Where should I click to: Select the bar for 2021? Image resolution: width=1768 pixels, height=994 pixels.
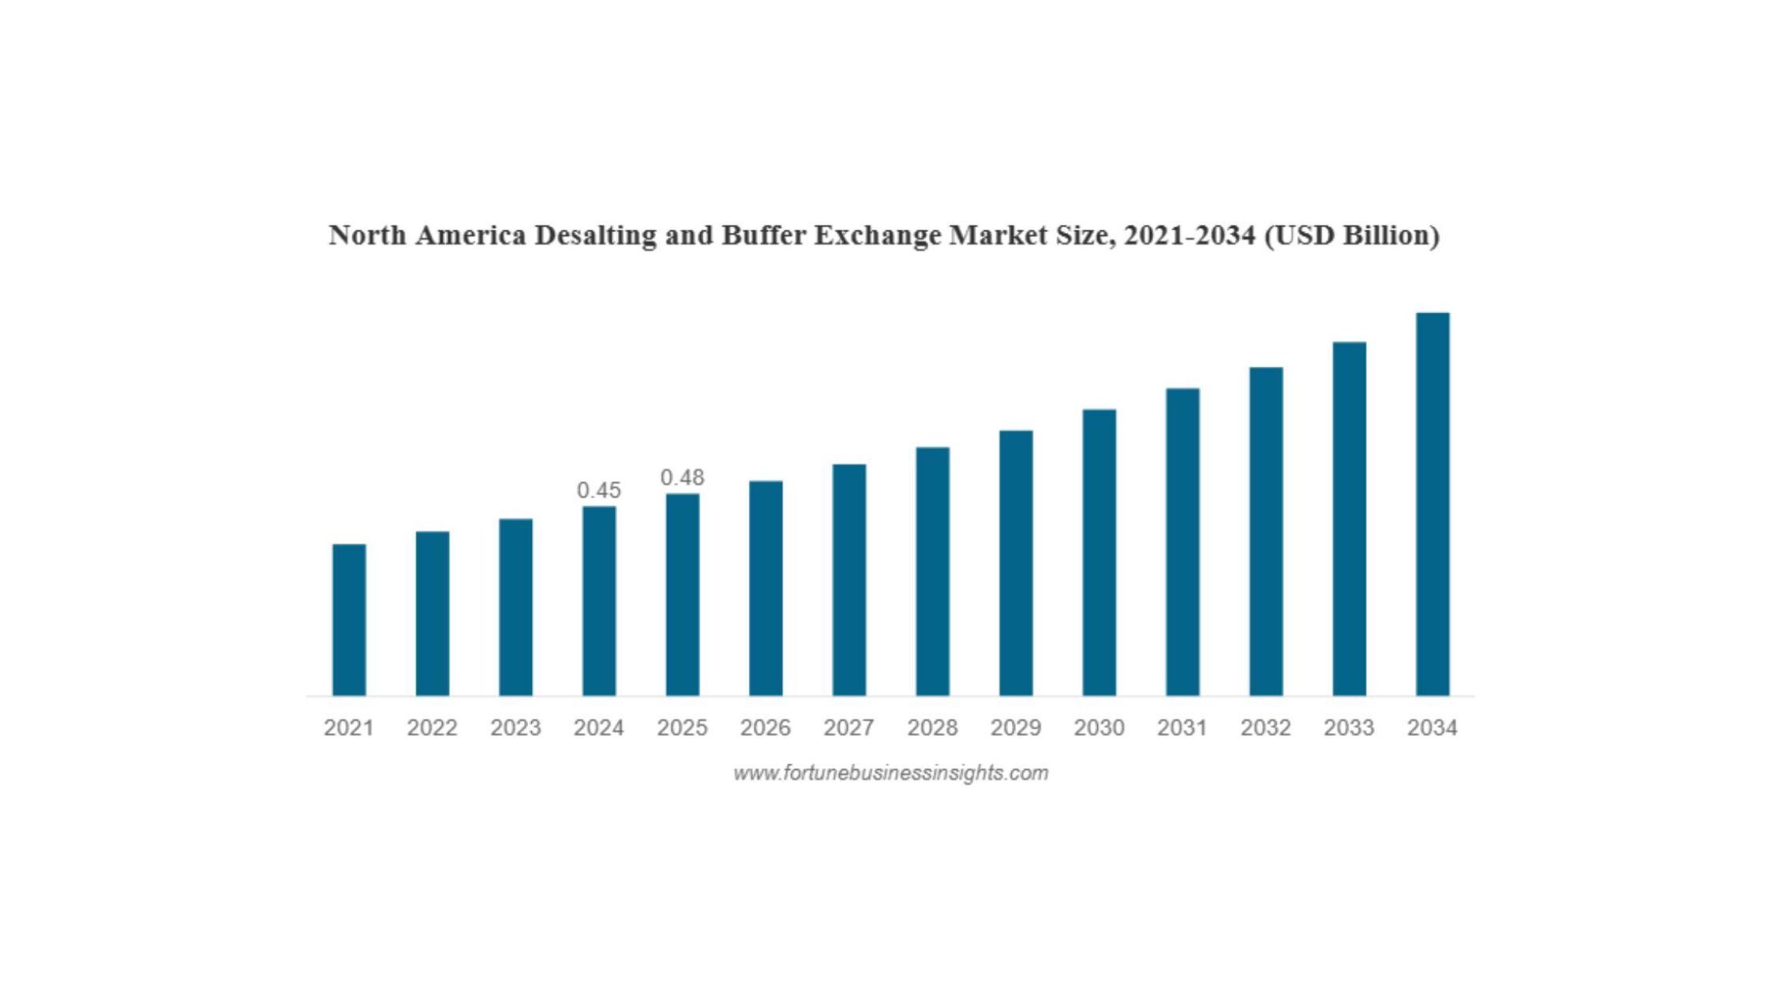[x=349, y=620]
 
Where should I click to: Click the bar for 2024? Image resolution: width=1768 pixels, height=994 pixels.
[x=599, y=601]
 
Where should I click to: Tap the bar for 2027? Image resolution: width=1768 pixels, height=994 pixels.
[x=849, y=580]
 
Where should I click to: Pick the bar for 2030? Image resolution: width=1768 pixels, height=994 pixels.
[x=1099, y=552]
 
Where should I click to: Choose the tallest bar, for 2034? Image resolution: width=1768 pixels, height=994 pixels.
[x=1433, y=504]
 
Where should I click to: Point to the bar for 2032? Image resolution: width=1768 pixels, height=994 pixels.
[x=1266, y=531]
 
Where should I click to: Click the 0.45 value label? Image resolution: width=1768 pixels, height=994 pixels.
[x=599, y=490]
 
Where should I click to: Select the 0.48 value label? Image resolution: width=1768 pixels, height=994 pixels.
[x=682, y=477]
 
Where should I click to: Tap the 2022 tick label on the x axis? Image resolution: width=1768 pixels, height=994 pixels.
[x=433, y=727]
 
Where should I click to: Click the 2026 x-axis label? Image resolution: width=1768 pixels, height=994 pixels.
[x=766, y=727]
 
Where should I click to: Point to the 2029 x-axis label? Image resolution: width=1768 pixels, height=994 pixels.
[x=1016, y=727]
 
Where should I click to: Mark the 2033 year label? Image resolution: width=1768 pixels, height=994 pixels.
[x=1349, y=727]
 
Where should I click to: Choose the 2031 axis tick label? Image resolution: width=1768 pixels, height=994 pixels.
[x=1182, y=727]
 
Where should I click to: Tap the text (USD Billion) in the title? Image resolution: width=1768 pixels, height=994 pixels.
[x=1352, y=235]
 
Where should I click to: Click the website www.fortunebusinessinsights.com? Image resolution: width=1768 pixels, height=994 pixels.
[x=891, y=773]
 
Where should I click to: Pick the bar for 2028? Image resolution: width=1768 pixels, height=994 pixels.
[x=933, y=571]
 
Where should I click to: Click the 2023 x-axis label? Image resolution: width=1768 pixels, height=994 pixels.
[x=515, y=727]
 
